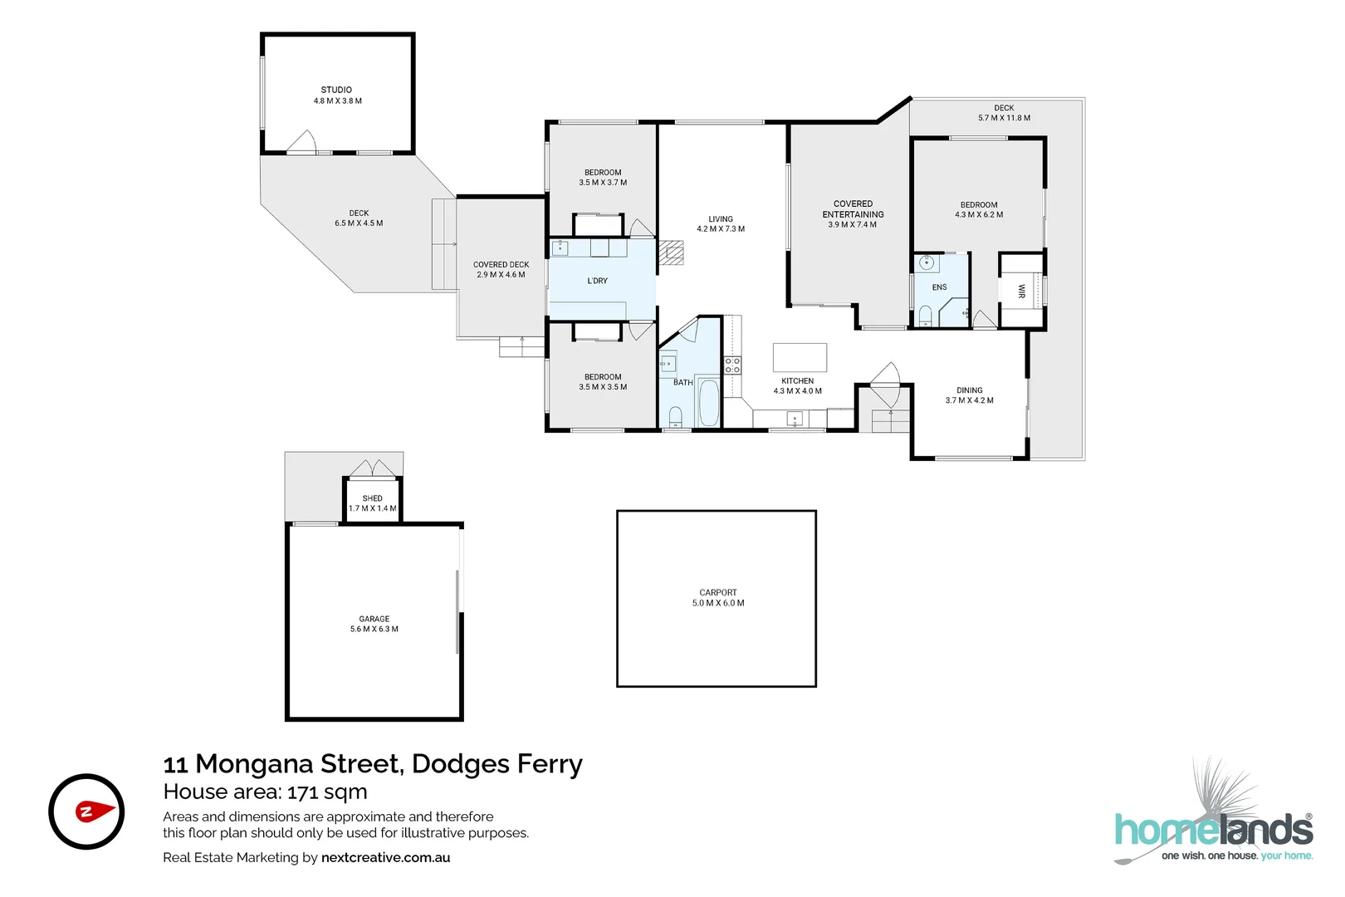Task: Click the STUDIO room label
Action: click(x=336, y=90)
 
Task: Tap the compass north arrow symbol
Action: click(x=95, y=811)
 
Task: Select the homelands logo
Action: click(x=1213, y=829)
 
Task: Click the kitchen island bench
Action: click(x=800, y=357)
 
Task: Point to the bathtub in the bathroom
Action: click(x=708, y=403)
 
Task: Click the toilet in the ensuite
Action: click(x=925, y=316)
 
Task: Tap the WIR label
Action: click(x=1021, y=291)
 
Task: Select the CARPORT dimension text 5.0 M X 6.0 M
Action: click(x=718, y=603)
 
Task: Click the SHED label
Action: click(x=372, y=498)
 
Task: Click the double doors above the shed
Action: click(x=372, y=468)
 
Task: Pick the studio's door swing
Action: click(x=303, y=142)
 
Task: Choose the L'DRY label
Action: click(x=597, y=281)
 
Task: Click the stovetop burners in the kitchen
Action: click(x=732, y=365)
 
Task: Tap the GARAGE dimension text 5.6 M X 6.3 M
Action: click(x=374, y=629)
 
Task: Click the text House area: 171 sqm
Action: click(x=265, y=792)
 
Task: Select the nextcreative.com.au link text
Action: click(x=385, y=857)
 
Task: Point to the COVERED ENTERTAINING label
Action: click(x=853, y=208)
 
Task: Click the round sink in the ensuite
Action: click(x=927, y=264)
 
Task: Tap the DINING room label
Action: click(x=969, y=390)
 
